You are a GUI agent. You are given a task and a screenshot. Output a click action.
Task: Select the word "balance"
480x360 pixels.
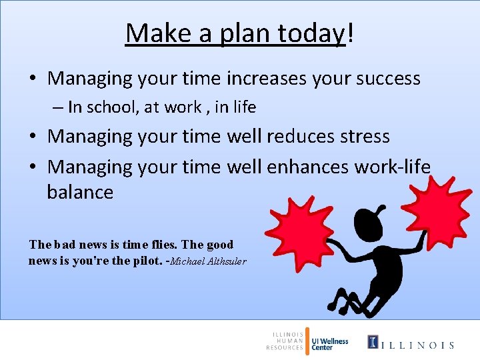[x=80, y=193]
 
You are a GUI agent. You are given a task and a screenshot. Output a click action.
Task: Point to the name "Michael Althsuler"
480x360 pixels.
[x=208, y=261]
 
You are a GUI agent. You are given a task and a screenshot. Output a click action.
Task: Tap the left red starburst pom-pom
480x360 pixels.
[x=303, y=230]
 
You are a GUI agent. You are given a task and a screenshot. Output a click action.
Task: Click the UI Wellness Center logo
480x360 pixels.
[x=329, y=343]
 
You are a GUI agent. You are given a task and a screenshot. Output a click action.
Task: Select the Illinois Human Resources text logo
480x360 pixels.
[x=285, y=340]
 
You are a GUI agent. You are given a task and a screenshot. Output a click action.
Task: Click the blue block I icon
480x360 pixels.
[x=373, y=343]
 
